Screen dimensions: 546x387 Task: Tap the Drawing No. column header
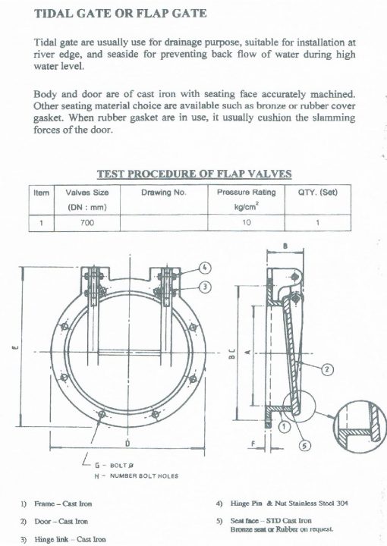[163, 193]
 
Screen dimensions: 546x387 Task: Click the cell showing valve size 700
[87, 223]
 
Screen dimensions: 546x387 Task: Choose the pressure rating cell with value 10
[246, 223]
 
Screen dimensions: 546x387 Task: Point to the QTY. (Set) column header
[317, 193]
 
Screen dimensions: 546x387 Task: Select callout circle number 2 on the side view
[327, 369]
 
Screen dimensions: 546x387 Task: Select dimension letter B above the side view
[285, 246]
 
